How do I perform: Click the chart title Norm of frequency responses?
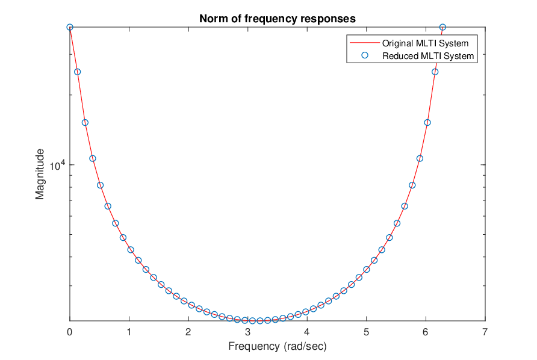pyautogui.click(x=278, y=19)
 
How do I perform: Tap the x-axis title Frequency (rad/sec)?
pyautogui.click(x=278, y=346)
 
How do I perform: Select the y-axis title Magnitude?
pyautogui.click(x=40, y=174)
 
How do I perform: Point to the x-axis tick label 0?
pyautogui.click(x=69, y=332)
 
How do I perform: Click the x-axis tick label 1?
pyautogui.click(x=129, y=332)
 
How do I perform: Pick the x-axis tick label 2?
pyautogui.click(x=188, y=332)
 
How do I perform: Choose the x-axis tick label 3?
pyautogui.click(x=247, y=332)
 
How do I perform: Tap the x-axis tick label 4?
pyautogui.click(x=307, y=332)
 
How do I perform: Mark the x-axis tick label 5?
pyautogui.click(x=367, y=332)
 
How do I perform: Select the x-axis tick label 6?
pyautogui.click(x=426, y=332)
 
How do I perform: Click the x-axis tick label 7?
pyautogui.click(x=485, y=332)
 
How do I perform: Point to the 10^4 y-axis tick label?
pyautogui.click(x=57, y=166)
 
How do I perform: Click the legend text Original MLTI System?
pyautogui.click(x=426, y=43)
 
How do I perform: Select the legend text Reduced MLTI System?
pyautogui.click(x=428, y=56)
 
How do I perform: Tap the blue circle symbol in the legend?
pyautogui.click(x=365, y=55)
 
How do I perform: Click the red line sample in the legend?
pyautogui.click(x=365, y=43)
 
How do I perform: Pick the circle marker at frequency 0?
pyautogui.click(x=70, y=28)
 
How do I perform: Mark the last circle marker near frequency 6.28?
pyautogui.click(x=442, y=28)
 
